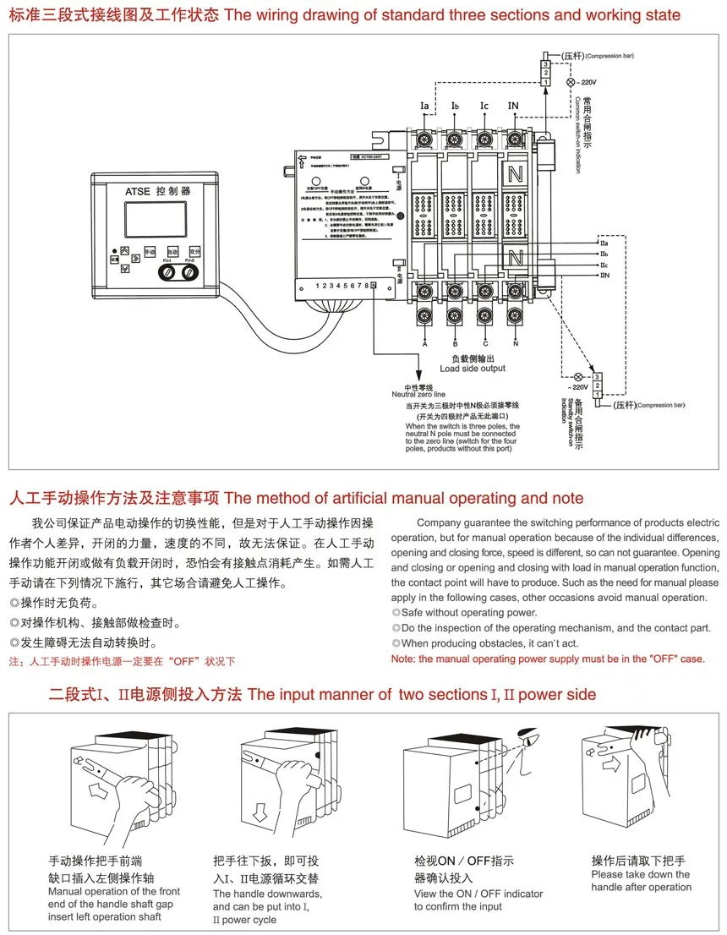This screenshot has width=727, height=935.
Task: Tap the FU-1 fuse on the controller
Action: click(x=167, y=273)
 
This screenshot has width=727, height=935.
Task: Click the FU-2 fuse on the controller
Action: click(x=190, y=273)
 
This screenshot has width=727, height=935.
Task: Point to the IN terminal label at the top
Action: click(x=512, y=107)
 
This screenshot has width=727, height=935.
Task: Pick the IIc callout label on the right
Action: click(x=604, y=265)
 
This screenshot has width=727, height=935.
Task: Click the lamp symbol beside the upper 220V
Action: click(x=569, y=83)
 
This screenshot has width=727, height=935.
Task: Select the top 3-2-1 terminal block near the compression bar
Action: click(x=547, y=73)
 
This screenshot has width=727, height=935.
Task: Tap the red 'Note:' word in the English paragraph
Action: click(x=405, y=659)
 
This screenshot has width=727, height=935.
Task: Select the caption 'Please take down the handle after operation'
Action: click(x=641, y=880)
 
